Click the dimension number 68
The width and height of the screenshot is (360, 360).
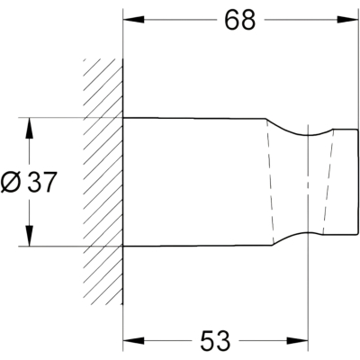click(x=240, y=21)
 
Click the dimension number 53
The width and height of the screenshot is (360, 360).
click(x=215, y=341)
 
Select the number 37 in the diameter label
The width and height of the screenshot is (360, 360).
click(x=41, y=183)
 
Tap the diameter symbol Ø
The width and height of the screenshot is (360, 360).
click(x=11, y=183)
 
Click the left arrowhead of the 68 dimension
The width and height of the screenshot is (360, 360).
click(x=133, y=20)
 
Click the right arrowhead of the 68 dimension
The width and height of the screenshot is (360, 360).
click(x=347, y=20)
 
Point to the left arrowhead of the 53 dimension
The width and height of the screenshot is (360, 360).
click(x=133, y=341)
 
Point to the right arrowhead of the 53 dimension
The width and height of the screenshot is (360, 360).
click(x=298, y=341)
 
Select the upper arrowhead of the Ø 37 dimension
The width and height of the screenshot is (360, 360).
click(x=29, y=128)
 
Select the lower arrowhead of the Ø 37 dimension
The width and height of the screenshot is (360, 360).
click(x=29, y=236)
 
